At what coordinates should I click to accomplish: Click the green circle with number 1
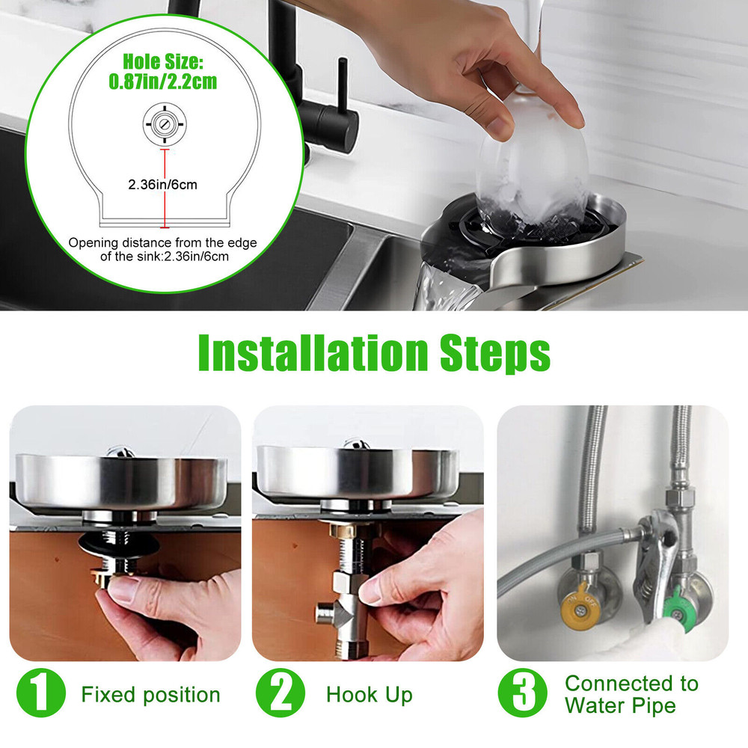pyautogui.click(x=40, y=693)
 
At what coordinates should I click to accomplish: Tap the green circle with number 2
pyautogui.click(x=280, y=693)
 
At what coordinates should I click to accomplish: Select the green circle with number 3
pyautogui.click(x=523, y=693)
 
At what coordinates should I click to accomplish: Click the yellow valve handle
pyautogui.click(x=579, y=610)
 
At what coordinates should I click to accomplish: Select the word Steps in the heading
pyautogui.click(x=495, y=353)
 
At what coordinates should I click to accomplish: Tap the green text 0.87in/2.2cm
pyautogui.click(x=162, y=82)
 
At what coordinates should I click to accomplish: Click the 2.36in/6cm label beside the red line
pyautogui.click(x=162, y=185)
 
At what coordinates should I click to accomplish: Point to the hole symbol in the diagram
pyautogui.click(x=165, y=124)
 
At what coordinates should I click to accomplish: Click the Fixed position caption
pyautogui.click(x=151, y=695)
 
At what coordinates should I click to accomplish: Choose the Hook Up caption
pyautogui.click(x=370, y=695)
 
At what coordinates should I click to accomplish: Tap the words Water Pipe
pyautogui.click(x=621, y=705)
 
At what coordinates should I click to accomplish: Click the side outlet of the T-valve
pyautogui.click(x=326, y=613)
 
